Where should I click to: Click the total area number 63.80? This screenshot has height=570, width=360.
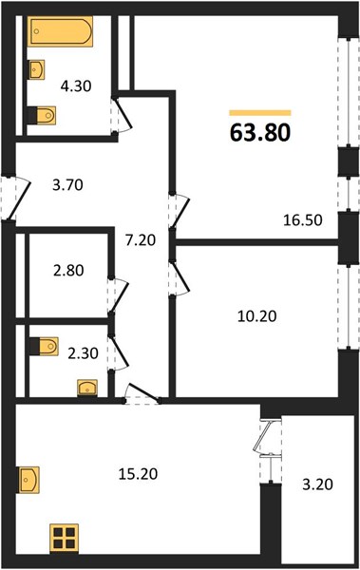(260, 132)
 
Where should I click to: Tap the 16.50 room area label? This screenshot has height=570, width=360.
(303, 220)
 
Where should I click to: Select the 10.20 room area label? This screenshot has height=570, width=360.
(256, 316)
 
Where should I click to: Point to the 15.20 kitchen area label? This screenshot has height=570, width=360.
(138, 474)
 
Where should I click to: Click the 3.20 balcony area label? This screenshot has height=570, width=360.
(318, 484)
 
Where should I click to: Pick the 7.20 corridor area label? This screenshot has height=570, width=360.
(141, 240)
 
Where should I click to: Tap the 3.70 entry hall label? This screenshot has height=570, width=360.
(68, 185)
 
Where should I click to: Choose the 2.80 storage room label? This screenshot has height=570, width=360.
(68, 271)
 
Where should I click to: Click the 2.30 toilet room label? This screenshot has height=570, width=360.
(83, 353)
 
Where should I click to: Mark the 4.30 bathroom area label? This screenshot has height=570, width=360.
(76, 86)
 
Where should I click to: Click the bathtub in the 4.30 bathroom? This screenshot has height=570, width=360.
(61, 31)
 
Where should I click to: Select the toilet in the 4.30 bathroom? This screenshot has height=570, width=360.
(42, 115)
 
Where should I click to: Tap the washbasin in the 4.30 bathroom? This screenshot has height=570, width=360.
(37, 69)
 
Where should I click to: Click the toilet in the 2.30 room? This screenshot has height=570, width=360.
(44, 346)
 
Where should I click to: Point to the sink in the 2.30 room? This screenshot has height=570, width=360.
(87, 388)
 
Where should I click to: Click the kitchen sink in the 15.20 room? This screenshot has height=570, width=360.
(28, 480)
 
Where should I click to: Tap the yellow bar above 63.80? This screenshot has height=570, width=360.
(260, 113)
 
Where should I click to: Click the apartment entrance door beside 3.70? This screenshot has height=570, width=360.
(16, 199)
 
